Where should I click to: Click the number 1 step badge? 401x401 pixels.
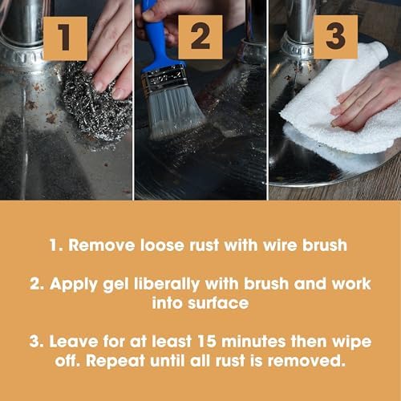(65, 38)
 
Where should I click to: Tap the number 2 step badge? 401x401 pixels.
(200, 37)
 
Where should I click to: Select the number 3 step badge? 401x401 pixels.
(335, 37)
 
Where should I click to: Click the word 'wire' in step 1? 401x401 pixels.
(280, 245)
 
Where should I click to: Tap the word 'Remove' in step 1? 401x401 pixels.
(101, 245)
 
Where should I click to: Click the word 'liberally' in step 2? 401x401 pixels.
(167, 284)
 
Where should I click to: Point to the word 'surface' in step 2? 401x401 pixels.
(218, 303)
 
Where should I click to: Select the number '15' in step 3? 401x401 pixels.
(207, 341)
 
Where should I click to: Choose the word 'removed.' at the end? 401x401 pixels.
(306, 361)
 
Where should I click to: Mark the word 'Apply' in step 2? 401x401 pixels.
(74, 285)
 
